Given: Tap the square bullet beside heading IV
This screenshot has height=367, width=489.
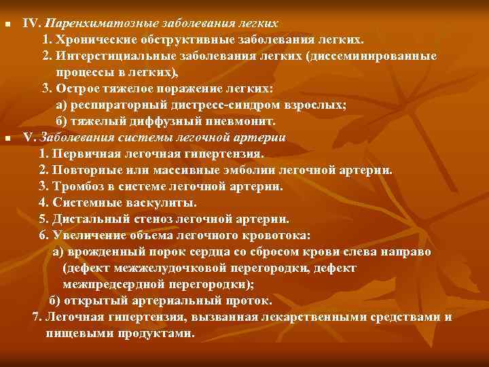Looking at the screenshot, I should [7, 24].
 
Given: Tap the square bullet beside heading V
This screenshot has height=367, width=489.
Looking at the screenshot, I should [7, 138].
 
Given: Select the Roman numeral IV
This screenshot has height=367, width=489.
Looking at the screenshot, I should [33, 23].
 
